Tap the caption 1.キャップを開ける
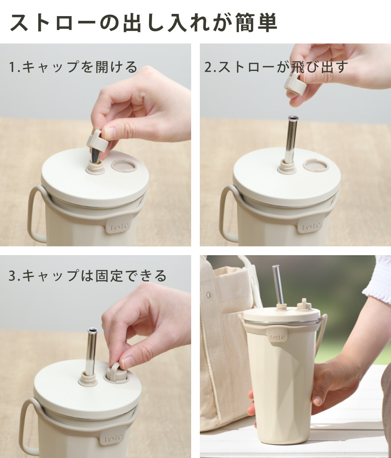point(73,67)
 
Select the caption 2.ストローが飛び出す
point(276,67)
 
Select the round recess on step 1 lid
point(124,166)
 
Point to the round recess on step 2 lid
point(315,165)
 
